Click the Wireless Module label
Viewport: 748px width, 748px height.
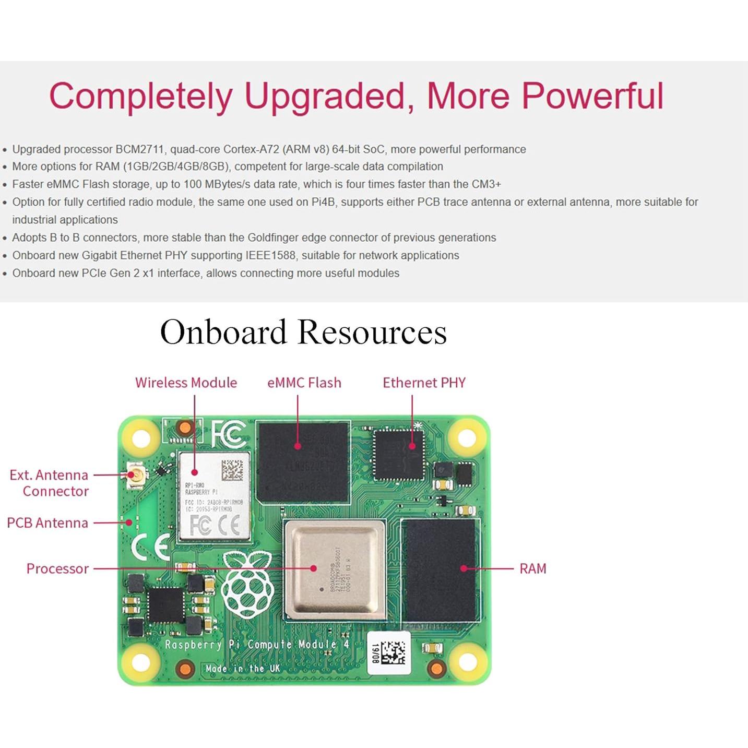[x=186, y=383]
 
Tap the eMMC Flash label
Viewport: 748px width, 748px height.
[x=304, y=383]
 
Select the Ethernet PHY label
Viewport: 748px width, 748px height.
[x=424, y=383]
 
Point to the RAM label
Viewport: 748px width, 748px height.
[x=532, y=568]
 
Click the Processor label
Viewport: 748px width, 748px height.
[x=57, y=568]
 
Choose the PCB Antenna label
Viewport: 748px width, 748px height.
[x=48, y=523]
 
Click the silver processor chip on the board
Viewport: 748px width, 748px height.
[x=334, y=568]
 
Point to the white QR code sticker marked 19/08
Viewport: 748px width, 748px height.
[x=389, y=652]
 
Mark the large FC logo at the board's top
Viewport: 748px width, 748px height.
[x=229, y=434]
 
